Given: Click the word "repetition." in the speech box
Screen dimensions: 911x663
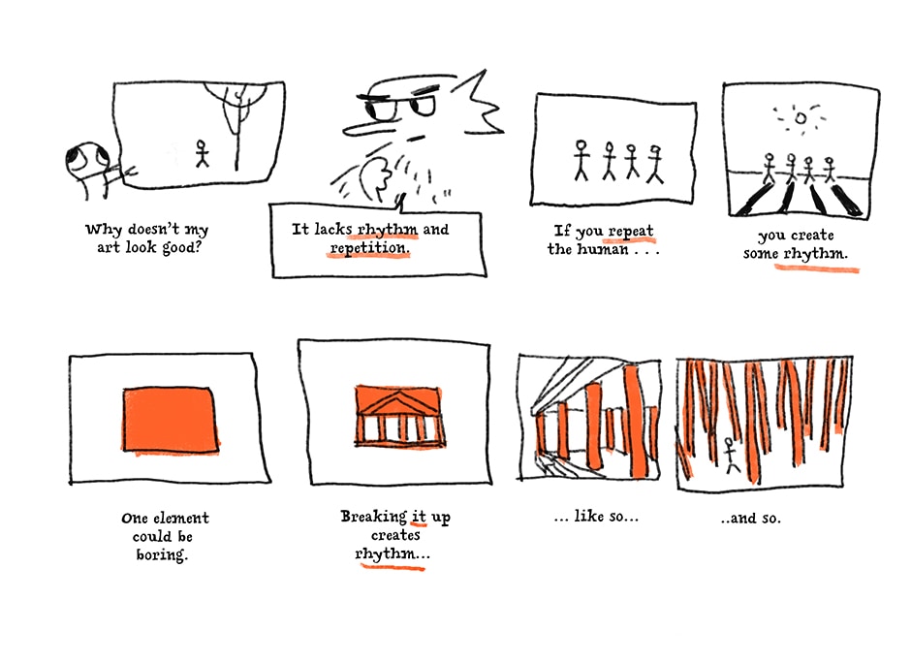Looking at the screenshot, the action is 370,248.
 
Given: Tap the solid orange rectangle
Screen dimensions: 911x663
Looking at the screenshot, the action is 171,420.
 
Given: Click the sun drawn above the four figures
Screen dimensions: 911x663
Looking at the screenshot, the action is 801,118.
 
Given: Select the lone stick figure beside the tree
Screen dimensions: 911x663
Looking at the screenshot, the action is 202,153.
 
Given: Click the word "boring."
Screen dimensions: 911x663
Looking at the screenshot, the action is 162,554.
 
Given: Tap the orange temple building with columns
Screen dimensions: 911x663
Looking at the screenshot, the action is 399,416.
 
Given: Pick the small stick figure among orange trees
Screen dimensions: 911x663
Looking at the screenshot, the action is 731,456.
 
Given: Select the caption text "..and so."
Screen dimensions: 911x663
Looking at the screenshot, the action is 750,518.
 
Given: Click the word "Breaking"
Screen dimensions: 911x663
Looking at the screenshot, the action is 373,517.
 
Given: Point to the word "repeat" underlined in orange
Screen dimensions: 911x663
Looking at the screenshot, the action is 631,232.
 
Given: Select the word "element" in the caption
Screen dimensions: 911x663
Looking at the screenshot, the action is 181,518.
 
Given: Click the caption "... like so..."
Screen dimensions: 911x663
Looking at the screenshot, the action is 595,516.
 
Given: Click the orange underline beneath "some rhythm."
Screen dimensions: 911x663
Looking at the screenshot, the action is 817,268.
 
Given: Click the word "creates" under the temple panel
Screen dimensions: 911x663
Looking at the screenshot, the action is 395,535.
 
